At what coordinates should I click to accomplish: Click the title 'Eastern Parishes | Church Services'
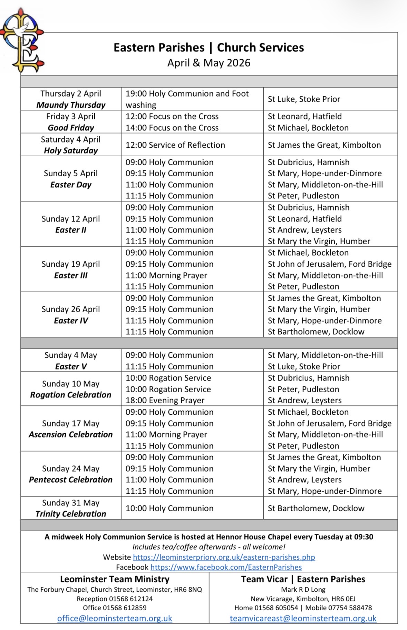click(x=209, y=48)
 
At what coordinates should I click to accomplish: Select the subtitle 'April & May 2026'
click(x=209, y=63)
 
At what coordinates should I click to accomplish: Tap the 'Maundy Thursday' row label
click(x=71, y=105)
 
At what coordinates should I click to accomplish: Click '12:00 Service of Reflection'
click(x=175, y=145)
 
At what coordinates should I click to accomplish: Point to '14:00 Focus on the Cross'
click(x=172, y=128)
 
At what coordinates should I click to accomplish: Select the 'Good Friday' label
click(x=71, y=128)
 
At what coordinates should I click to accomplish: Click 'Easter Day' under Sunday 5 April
click(x=71, y=185)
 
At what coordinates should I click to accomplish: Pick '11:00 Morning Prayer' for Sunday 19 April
click(x=166, y=275)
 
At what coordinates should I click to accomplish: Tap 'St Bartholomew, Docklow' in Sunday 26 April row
click(x=316, y=332)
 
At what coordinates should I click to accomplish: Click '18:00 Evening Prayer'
click(x=165, y=400)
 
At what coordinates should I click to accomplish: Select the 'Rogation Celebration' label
click(x=71, y=395)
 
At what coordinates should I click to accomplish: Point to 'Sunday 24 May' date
click(x=71, y=469)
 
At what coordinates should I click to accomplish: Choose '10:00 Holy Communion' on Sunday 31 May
click(x=169, y=508)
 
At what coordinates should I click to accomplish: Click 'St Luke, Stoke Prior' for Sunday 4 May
click(x=304, y=366)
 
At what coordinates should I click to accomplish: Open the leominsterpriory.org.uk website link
click(x=224, y=557)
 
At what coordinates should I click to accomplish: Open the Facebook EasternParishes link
click(x=226, y=567)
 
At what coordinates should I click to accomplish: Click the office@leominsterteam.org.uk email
click(x=115, y=618)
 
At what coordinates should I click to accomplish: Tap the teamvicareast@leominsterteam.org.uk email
click(x=303, y=618)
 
